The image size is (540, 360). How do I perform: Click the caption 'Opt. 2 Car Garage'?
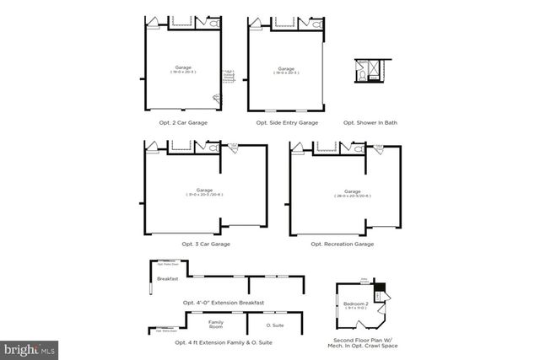click(183, 123)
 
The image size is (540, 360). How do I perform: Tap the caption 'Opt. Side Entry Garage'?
click(287, 123)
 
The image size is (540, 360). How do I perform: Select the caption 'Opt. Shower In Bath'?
click(370, 123)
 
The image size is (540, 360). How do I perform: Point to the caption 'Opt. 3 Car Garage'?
click(206, 244)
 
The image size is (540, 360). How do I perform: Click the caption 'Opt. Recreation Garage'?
click(343, 244)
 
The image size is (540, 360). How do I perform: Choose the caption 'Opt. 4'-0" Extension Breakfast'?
click(224, 303)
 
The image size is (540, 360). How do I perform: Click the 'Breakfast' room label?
click(167, 279)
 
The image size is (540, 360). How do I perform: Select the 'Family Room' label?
click(217, 325)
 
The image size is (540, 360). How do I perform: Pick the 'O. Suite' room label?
click(274, 325)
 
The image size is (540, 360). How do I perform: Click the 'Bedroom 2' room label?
click(356, 303)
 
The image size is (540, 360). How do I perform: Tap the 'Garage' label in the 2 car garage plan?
click(182, 67)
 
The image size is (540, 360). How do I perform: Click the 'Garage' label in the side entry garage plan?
click(286, 67)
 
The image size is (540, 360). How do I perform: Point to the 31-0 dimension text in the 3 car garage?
click(205, 196)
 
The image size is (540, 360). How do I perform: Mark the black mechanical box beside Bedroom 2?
click(380, 287)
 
